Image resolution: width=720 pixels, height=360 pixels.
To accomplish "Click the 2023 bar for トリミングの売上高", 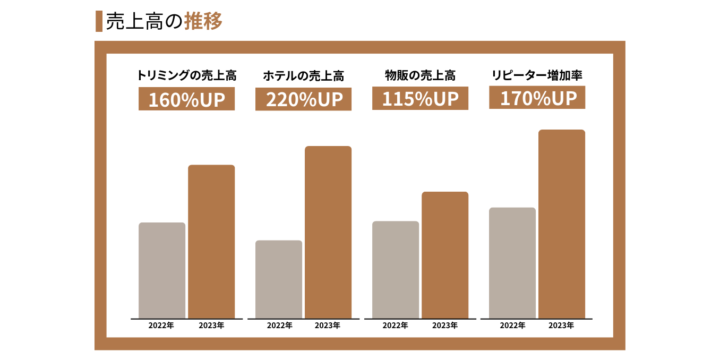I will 211,242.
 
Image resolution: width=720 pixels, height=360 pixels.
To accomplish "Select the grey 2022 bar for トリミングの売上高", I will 162,270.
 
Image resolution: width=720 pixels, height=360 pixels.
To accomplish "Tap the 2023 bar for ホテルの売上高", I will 328,232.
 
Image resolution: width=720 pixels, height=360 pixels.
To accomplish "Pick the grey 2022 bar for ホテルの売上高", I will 279,279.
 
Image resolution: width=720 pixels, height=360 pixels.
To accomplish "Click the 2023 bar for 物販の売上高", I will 445,255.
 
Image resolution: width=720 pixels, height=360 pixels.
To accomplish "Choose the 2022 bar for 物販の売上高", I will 396,270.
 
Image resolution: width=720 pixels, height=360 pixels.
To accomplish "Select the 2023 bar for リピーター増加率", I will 562,224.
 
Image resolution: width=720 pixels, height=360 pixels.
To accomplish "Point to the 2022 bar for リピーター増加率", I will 512,263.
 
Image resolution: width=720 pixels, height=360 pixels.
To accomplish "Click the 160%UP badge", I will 186,99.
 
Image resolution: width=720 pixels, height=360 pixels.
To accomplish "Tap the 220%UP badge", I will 303,99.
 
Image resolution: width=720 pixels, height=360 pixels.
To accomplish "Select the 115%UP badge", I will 420,99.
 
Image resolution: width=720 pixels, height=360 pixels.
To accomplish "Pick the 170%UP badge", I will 537,98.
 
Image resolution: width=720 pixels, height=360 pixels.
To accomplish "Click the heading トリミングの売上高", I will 186,75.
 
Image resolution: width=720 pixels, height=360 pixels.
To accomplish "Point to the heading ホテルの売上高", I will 303,76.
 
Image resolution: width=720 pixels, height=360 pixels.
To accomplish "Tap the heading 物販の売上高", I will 420,75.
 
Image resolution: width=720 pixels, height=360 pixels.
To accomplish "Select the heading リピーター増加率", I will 537,75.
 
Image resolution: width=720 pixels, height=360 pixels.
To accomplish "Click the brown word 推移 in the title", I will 203,21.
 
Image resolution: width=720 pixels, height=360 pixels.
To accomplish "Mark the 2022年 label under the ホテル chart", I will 279,325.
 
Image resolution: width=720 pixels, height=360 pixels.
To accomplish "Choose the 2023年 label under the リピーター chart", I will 561,325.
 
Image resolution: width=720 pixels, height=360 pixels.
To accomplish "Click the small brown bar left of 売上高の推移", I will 99,21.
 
